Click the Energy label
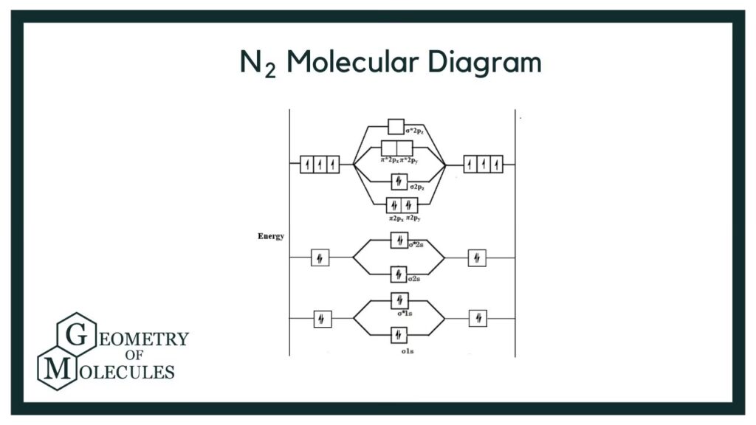[271, 236]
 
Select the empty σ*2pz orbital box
[396, 127]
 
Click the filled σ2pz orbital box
[399, 182]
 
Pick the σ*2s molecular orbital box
[399, 241]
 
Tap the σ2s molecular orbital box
[399, 274]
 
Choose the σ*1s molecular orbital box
[399, 300]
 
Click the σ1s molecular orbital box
[399, 335]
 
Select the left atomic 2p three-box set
[320, 164]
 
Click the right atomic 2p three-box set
[483, 164]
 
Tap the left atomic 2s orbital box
[320, 258]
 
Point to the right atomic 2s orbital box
[477, 258]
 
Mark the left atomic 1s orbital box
[323, 319]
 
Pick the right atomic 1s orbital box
[478, 318]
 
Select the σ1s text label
[408, 351]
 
